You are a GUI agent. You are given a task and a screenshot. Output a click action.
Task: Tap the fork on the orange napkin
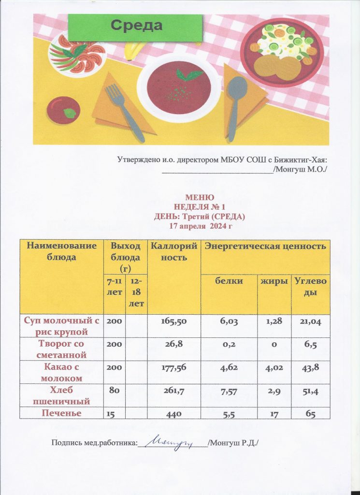tap(123, 110)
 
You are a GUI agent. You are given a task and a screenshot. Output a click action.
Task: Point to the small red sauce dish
tap(64, 110)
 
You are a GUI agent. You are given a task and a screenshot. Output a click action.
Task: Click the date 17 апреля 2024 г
tap(200, 225)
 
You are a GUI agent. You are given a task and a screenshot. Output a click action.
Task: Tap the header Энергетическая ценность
tap(265, 247)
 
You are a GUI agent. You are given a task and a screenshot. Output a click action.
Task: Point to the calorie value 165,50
tap(173, 322)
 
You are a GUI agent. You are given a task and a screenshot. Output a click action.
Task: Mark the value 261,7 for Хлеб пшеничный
tap(173, 391)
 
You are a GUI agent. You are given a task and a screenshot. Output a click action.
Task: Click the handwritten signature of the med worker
tap(171, 441)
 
